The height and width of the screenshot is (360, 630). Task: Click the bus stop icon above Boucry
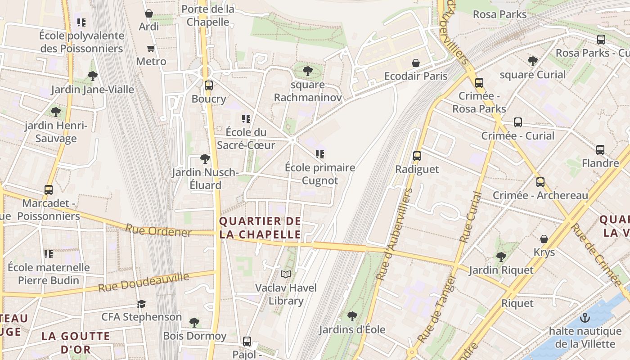208,85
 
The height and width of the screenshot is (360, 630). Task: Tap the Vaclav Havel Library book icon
286,274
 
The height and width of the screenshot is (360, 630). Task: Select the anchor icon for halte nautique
585,318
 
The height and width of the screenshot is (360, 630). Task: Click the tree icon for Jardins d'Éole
352,316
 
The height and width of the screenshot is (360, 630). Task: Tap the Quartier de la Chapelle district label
260,228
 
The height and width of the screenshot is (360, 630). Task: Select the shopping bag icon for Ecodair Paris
416,63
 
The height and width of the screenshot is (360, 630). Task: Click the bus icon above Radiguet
417,156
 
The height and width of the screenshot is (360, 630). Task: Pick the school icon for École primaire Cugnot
320,154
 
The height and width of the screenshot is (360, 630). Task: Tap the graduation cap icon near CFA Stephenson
141,304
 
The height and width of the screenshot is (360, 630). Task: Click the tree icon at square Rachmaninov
308,71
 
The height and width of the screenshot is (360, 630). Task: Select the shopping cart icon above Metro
151,48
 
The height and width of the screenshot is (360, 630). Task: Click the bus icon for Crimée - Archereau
540,182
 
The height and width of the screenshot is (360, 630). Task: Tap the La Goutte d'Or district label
76,342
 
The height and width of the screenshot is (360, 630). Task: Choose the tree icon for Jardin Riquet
501,257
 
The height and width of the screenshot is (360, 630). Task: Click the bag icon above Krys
544,239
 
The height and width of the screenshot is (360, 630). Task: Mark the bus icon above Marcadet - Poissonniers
49,190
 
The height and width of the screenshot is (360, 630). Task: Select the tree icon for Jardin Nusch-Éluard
205,158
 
